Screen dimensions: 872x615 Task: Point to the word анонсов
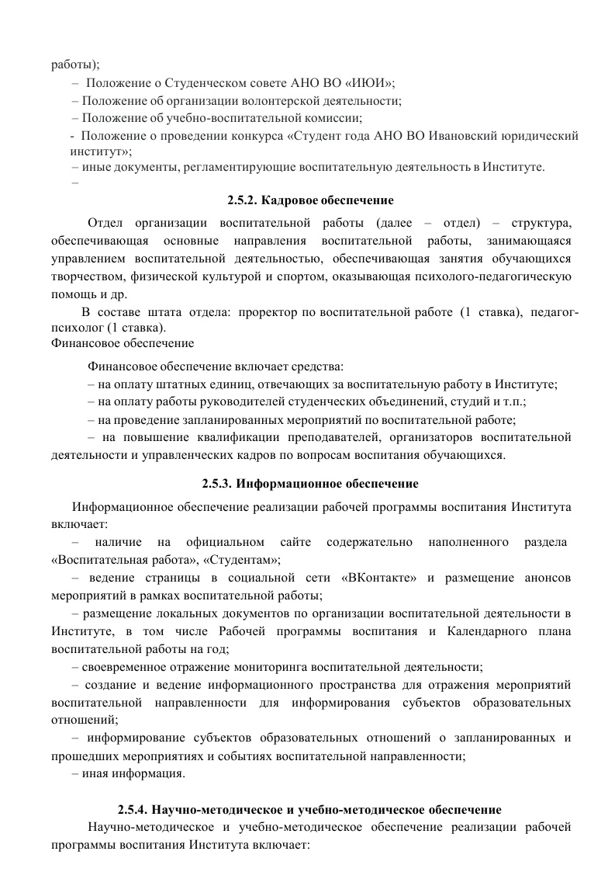click(x=548, y=578)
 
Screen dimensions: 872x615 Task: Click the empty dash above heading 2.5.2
click(x=74, y=184)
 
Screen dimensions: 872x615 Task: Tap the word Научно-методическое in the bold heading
click(x=211, y=808)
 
